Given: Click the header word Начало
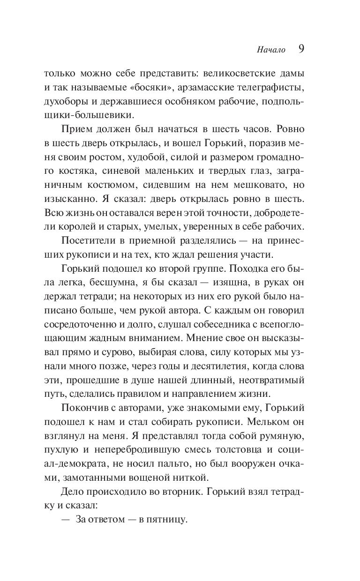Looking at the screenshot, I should tap(271, 50).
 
